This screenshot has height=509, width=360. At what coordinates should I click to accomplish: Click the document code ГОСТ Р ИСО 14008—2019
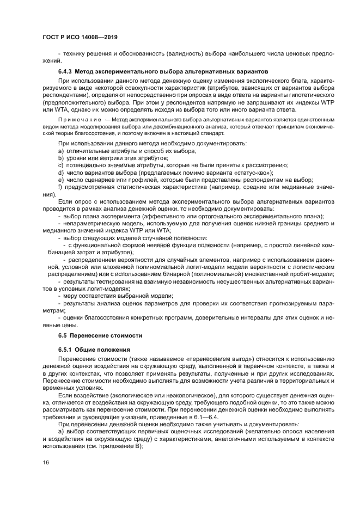tap(80, 37)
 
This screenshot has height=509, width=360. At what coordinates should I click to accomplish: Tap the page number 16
tap(45, 463)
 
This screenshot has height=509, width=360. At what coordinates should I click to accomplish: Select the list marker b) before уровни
tap(60, 157)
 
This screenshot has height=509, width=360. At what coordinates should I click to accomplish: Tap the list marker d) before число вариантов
tap(60, 172)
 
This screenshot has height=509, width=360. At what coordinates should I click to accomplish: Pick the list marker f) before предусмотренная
tap(60, 187)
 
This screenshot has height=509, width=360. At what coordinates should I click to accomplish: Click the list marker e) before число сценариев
tap(60, 180)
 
